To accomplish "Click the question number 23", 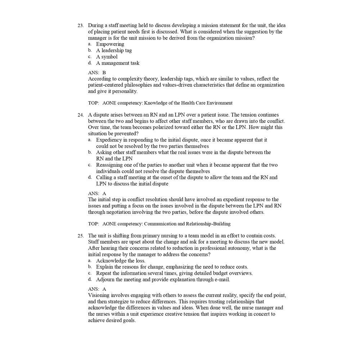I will tap(80, 26).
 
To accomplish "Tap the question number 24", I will tap(80, 115).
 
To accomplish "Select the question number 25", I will tap(80, 236).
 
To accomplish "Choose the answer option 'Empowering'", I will tap(110, 44).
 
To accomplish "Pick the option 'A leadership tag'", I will tap(114, 50).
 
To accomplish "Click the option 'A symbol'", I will tap(107, 57).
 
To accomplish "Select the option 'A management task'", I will tap(117, 63).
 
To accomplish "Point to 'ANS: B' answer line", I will tap(97, 72).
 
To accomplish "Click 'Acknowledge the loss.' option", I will tap(121, 261).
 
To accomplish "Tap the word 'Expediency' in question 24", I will tap(108, 140).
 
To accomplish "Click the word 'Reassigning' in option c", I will tap(110, 165).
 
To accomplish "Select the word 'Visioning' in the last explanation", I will tap(99, 295).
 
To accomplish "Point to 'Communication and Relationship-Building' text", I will tap(187, 224).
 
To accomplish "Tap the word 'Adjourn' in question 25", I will tap(105, 279).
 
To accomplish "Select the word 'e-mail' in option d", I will tap(222, 279).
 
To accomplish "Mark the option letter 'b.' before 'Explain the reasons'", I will tap(90, 267).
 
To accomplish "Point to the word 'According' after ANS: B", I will tap(99, 79).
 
